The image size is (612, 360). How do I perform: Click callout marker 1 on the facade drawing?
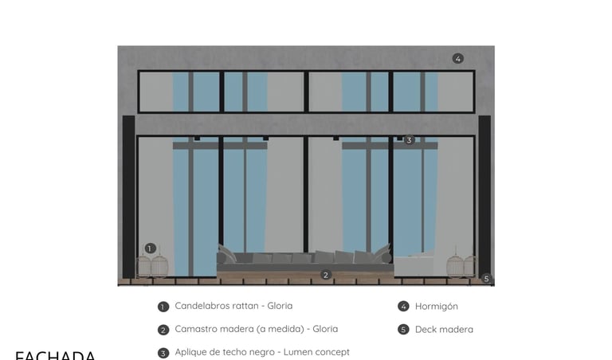150,248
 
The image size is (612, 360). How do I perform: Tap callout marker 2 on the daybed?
325,276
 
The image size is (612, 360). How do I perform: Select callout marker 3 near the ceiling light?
409,140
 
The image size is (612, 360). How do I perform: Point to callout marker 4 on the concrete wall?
457,58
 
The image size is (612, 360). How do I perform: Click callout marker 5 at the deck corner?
486,279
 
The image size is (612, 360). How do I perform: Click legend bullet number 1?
163,307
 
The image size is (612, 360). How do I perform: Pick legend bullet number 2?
163,330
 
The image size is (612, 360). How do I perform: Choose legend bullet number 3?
163,353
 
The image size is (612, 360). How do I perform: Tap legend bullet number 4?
403,307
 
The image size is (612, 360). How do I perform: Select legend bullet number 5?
403,330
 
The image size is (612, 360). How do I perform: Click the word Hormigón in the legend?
436,307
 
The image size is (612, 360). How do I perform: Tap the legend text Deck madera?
444,330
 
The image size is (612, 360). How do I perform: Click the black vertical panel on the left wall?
128,197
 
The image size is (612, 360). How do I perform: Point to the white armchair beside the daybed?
414,265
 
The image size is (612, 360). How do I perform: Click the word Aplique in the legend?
191,352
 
